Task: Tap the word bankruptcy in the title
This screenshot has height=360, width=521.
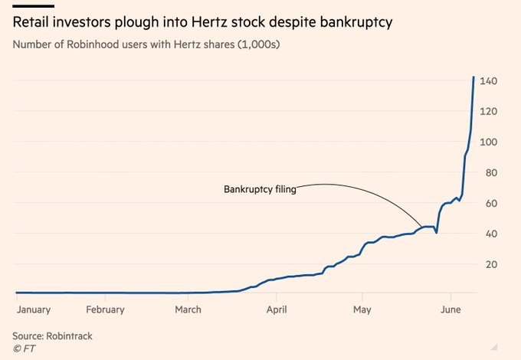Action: click(x=356, y=23)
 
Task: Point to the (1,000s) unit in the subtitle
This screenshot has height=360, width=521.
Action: click(x=258, y=44)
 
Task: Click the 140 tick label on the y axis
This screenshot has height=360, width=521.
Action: click(x=488, y=80)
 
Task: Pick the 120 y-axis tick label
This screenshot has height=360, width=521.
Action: click(x=488, y=111)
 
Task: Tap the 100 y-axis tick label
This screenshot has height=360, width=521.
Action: click(x=488, y=142)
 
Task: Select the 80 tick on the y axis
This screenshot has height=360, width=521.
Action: click(x=491, y=172)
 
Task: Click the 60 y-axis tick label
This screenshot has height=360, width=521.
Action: click(x=491, y=203)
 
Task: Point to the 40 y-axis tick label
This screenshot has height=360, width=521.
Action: click(x=491, y=234)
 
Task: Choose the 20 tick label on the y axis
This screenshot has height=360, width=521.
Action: click(x=491, y=264)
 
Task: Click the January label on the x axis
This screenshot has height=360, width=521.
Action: click(x=34, y=310)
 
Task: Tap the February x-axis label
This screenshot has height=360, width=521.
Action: click(x=105, y=310)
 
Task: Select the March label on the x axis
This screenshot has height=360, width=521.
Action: click(x=188, y=309)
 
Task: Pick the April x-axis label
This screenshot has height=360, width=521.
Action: click(x=277, y=310)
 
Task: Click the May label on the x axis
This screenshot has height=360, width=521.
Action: click(x=362, y=310)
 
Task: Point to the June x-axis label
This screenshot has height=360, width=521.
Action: click(x=451, y=309)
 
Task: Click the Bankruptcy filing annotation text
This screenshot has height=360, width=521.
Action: click(x=260, y=189)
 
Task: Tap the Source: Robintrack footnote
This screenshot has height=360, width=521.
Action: click(x=53, y=336)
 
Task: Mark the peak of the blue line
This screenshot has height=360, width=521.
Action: click(x=473, y=77)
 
